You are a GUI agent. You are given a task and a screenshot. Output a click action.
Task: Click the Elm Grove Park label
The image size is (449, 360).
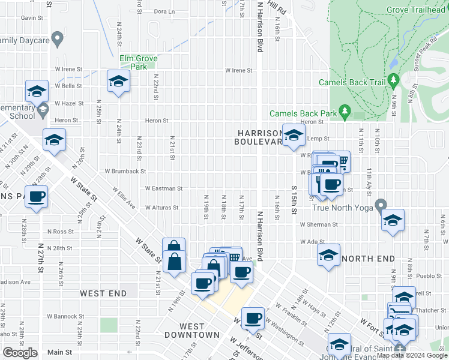tap(138, 62)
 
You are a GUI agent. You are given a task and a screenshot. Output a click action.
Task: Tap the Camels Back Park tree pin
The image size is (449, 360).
tap(345, 111)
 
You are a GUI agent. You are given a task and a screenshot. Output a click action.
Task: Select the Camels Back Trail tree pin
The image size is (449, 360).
tap(394, 79)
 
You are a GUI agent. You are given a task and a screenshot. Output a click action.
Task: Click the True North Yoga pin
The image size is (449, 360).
tap(381, 206)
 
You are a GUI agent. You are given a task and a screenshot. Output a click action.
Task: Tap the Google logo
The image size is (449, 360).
tap(20, 353)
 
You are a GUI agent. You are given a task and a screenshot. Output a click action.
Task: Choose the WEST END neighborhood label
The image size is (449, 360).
tap(104, 293)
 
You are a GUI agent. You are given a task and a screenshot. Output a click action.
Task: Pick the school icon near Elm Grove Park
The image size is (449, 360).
tap(118, 82)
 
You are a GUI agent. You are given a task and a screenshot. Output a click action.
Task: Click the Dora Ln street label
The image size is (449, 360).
tap(164, 11)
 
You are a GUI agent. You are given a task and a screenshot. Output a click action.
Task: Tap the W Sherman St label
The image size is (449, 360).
tap(319, 225)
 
